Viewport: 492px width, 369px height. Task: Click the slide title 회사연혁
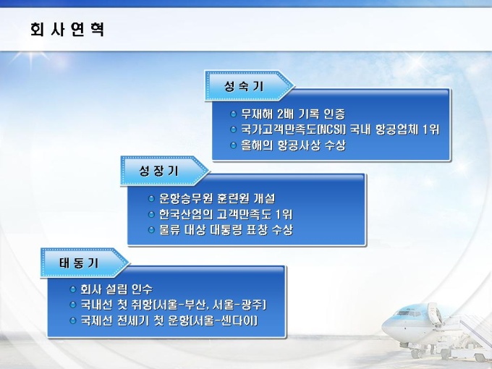(x=67, y=30)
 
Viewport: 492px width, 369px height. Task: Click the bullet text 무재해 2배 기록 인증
(x=293, y=114)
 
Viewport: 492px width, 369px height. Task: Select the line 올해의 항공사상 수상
(x=293, y=145)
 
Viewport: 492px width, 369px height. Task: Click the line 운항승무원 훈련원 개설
(x=217, y=198)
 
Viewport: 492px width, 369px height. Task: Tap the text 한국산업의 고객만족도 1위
(x=226, y=214)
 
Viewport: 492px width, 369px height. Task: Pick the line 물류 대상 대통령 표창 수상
(x=226, y=229)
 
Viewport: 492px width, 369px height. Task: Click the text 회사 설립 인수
(x=116, y=289)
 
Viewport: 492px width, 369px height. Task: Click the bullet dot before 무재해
(x=233, y=114)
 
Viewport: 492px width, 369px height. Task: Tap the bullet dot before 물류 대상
(x=151, y=229)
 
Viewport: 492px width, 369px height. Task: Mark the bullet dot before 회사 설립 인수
(x=73, y=289)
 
